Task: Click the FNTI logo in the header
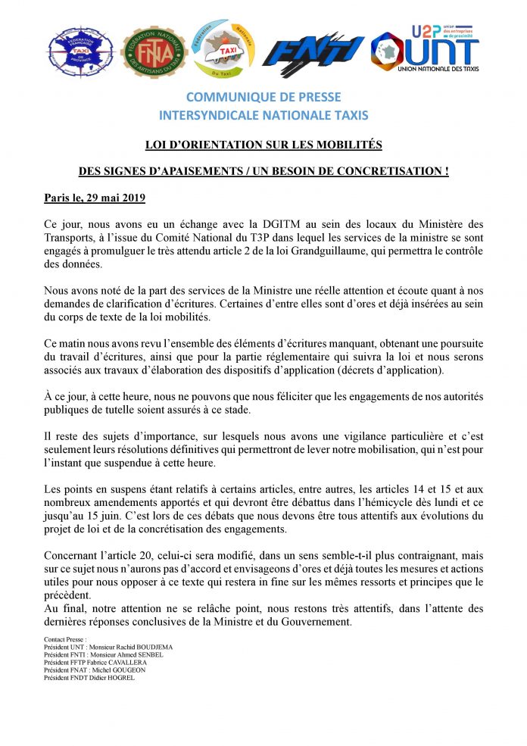coord(317,52)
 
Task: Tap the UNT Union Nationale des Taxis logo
coord(426,48)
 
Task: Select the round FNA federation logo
coord(153,52)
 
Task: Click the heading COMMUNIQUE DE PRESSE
coord(263,98)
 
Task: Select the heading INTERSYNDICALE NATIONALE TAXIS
coord(263,115)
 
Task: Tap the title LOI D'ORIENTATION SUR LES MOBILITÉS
coord(263,144)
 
